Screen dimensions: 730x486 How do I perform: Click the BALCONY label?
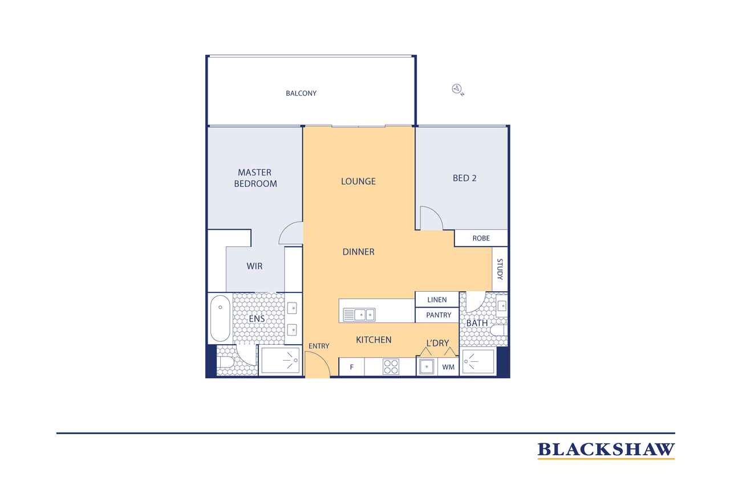[301, 93]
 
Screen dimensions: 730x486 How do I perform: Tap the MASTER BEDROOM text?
[255, 178]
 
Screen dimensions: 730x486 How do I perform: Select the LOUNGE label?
[358, 181]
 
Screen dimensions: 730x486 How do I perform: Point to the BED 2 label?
[464, 178]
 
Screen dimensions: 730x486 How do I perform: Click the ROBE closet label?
[481, 238]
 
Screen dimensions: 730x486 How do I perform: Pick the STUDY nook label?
[500, 269]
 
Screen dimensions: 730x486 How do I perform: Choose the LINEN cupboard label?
[437, 300]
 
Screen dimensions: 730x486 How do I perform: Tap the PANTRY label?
[439, 315]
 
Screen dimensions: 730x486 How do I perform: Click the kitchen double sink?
[359, 315]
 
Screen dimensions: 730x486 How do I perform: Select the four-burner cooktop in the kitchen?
[391, 366]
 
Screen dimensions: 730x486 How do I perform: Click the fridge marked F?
[352, 367]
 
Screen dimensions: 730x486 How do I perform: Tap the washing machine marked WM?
[448, 367]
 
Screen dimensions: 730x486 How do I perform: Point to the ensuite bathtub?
[220, 318]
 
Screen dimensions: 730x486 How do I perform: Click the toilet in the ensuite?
[224, 362]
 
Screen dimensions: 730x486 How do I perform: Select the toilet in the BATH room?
[498, 330]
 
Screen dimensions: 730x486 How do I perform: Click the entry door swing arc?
[323, 357]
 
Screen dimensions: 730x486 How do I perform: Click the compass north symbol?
[457, 89]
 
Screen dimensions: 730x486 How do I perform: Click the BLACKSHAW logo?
[606, 451]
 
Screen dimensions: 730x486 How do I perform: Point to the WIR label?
[254, 266]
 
